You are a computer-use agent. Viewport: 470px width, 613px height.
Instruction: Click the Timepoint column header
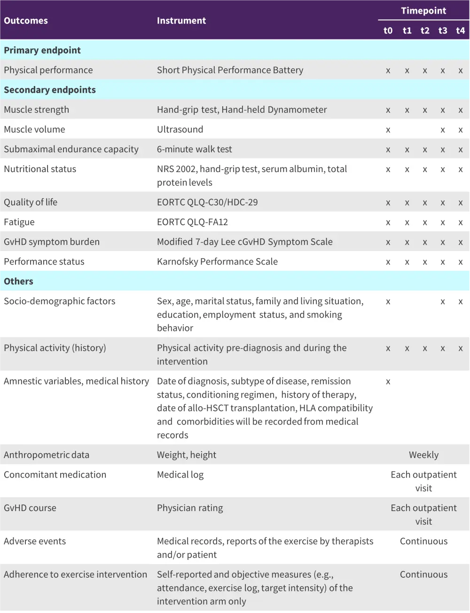click(423, 11)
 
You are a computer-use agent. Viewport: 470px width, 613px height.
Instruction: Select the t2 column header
click(425, 31)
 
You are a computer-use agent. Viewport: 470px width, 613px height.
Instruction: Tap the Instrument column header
click(181, 21)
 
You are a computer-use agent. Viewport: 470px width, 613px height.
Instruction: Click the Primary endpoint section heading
click(42, 50)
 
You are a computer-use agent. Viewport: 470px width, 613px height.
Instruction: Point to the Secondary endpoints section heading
click(50, 90)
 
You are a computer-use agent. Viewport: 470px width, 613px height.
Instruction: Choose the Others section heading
click(19, 281)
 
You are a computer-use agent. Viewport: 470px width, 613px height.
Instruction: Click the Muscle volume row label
click(35, 129)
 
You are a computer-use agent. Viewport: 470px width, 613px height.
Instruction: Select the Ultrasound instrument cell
click(180, 129)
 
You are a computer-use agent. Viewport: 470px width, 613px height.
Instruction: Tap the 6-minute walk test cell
click(195, 149)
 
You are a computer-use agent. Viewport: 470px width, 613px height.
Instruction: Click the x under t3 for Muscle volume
click(443, 130)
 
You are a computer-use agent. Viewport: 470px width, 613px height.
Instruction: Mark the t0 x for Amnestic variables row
click(388, 382)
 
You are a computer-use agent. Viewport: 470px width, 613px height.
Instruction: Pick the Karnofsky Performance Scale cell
click(217, 261)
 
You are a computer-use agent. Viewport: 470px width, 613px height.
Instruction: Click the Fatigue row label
click(19, 222)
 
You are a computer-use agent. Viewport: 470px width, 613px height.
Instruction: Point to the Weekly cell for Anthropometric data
click(423, 455)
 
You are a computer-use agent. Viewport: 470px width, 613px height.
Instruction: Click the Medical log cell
click(180, 475)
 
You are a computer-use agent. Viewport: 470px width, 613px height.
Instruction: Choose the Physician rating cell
click(190, 508)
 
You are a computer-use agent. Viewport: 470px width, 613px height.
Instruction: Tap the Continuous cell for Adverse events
click(423, 541)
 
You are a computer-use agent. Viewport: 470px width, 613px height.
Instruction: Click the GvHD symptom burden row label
click(52, 242)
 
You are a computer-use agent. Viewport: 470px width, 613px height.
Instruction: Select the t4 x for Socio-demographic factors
click(461, 302)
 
